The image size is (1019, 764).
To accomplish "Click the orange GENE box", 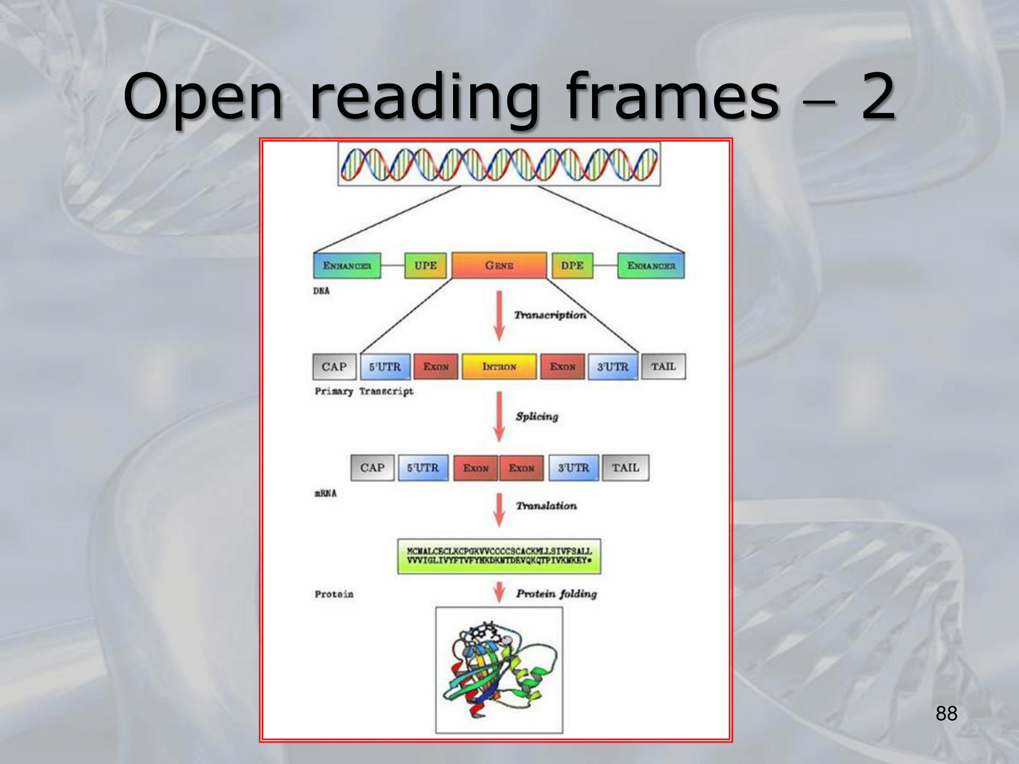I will click(x=499, y=265).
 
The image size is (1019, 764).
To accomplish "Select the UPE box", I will click(x=425, y=265).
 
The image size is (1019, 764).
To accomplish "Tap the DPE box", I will click(x=572, y=265).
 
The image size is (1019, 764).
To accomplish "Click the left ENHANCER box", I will click(x=347, y=265).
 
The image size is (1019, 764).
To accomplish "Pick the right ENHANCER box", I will click(x=651, y=265).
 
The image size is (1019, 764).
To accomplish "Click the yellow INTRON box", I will click(x=499, y=367).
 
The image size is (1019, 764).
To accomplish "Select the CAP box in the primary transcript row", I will click(x=334, y=367).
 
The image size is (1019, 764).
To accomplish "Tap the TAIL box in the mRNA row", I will click(x=625, y=468).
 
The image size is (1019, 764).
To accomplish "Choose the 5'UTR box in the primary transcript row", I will click(x=385, y=367).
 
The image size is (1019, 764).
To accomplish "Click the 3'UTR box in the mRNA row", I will click(x=573, y=468).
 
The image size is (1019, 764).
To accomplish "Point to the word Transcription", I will click(x=550, y=315).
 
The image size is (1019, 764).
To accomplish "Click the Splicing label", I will click(x=537, y=416).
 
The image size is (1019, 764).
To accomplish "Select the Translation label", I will click(x=546, y=506).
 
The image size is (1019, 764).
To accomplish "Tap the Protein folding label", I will click(x=556, y=594).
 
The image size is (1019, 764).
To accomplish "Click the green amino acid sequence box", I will click(x=499, y=556).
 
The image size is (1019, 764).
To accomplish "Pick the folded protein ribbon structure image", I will click(x=499, y=670).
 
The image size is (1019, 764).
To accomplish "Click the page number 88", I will click(x=946, y=714).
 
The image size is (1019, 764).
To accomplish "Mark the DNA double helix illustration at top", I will click(x=499, y=164).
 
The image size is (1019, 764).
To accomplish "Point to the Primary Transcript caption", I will click(x=364, y=391).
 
